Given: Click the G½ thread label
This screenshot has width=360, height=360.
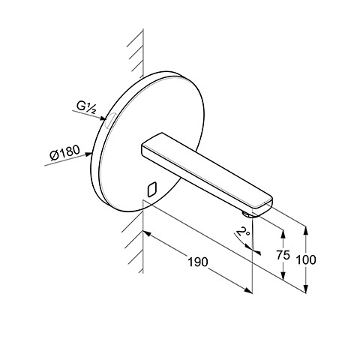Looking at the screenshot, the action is [86, 108].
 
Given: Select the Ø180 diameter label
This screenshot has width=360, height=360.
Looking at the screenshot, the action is [64, 152].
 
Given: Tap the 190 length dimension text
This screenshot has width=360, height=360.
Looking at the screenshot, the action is [198, 262].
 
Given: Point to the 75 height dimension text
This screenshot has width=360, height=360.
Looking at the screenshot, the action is [283, 255].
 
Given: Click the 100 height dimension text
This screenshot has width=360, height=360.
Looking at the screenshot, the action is [306, 259].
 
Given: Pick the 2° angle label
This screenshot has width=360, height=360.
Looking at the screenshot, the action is [243, 231].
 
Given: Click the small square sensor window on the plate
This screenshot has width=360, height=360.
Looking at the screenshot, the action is [152, 190].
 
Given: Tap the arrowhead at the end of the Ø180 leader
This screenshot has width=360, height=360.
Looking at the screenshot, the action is [88, 154].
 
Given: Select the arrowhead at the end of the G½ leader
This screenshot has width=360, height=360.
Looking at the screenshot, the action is [103, 118].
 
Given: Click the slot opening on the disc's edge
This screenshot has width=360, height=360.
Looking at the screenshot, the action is [109, 120].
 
